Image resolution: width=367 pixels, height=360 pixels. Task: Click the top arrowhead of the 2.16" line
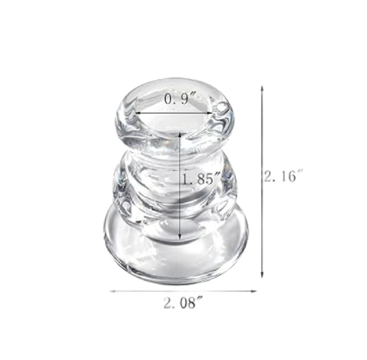pyautogui.click(x=262, y=88)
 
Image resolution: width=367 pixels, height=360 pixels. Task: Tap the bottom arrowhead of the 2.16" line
pyautogui.click(x=262, y=275)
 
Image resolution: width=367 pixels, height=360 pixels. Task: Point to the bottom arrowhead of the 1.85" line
pyautogui.click(x=180, y=237)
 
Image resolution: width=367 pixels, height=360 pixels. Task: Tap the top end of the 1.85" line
pyautogui.click(x=180, y=133)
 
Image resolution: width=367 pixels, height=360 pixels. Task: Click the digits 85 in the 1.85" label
pyautogui.click(x=206, y=180)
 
